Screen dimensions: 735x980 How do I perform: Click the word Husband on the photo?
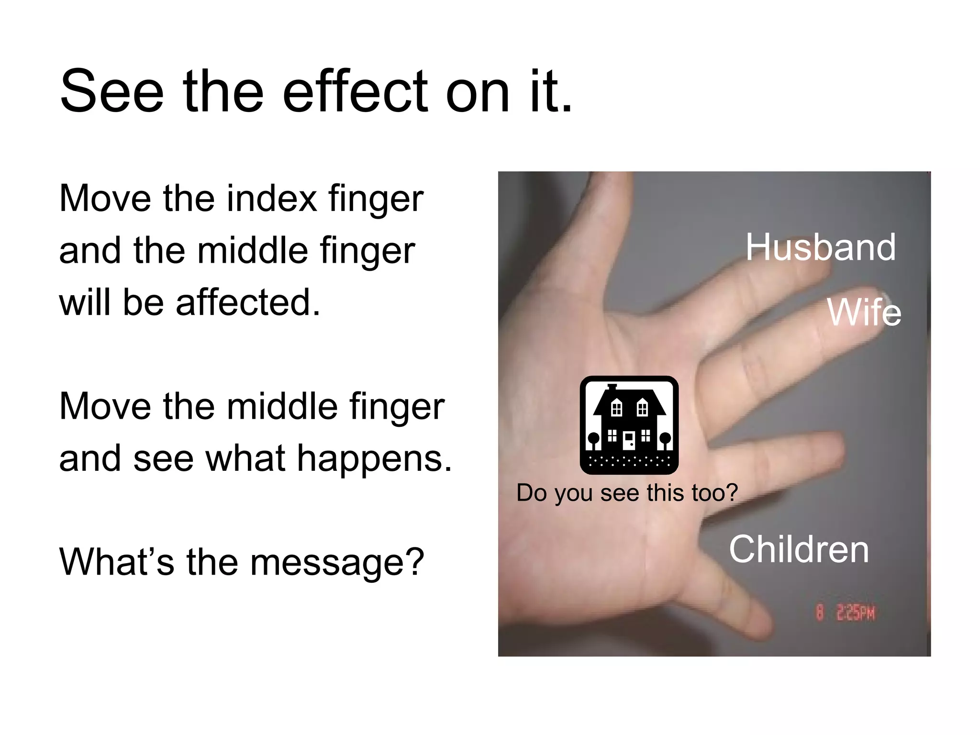[820, 247]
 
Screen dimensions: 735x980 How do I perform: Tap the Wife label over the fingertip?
[864, 312]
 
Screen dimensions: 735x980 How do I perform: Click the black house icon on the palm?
[629, 425]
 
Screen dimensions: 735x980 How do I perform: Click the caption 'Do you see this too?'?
[627, 492]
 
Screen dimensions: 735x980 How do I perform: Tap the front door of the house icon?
[629, 440]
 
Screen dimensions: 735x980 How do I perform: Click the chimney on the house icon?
[612, 387]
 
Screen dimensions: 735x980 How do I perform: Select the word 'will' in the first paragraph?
[85, 302]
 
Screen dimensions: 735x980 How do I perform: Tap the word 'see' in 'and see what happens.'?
[163, 458]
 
